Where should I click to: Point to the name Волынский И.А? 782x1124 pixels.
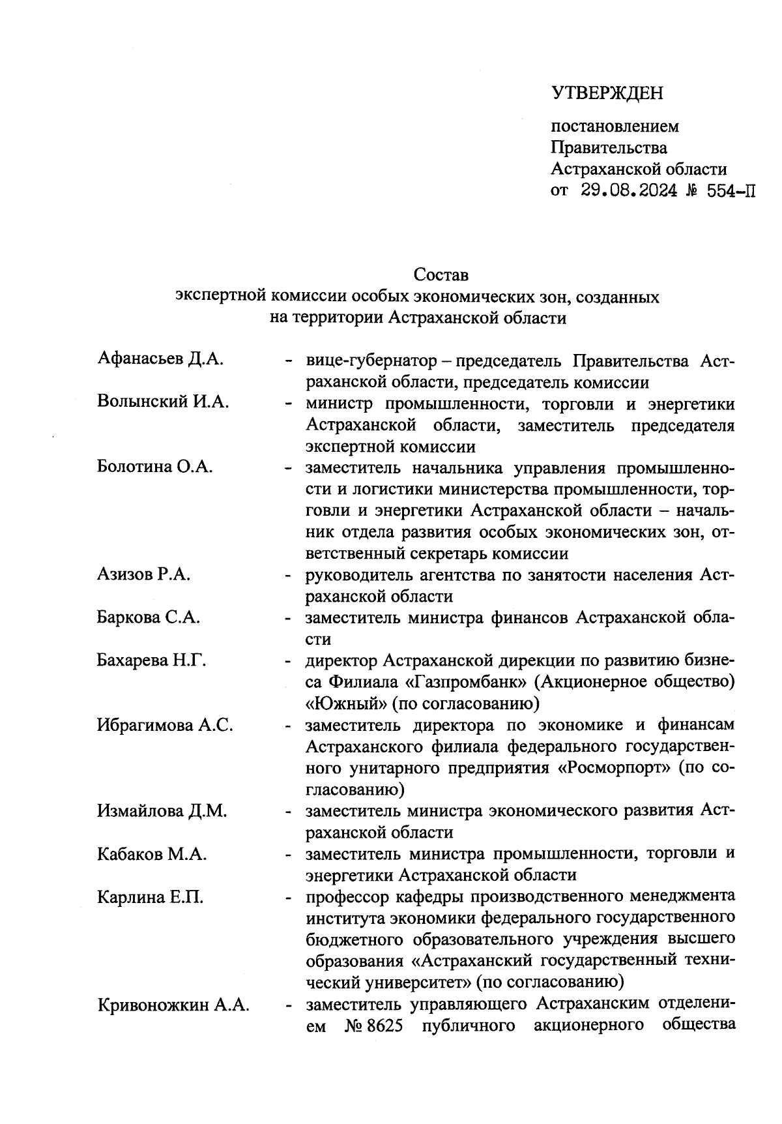163,402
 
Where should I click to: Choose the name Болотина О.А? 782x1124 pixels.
155,467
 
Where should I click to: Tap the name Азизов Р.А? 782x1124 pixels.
143,574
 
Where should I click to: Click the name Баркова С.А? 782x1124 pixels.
149,617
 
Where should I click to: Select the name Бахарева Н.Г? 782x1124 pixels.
151,660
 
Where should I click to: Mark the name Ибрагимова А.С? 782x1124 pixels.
165,725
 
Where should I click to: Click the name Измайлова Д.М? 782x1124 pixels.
162,811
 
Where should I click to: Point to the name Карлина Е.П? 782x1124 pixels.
150,897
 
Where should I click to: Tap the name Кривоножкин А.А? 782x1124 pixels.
173,1005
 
